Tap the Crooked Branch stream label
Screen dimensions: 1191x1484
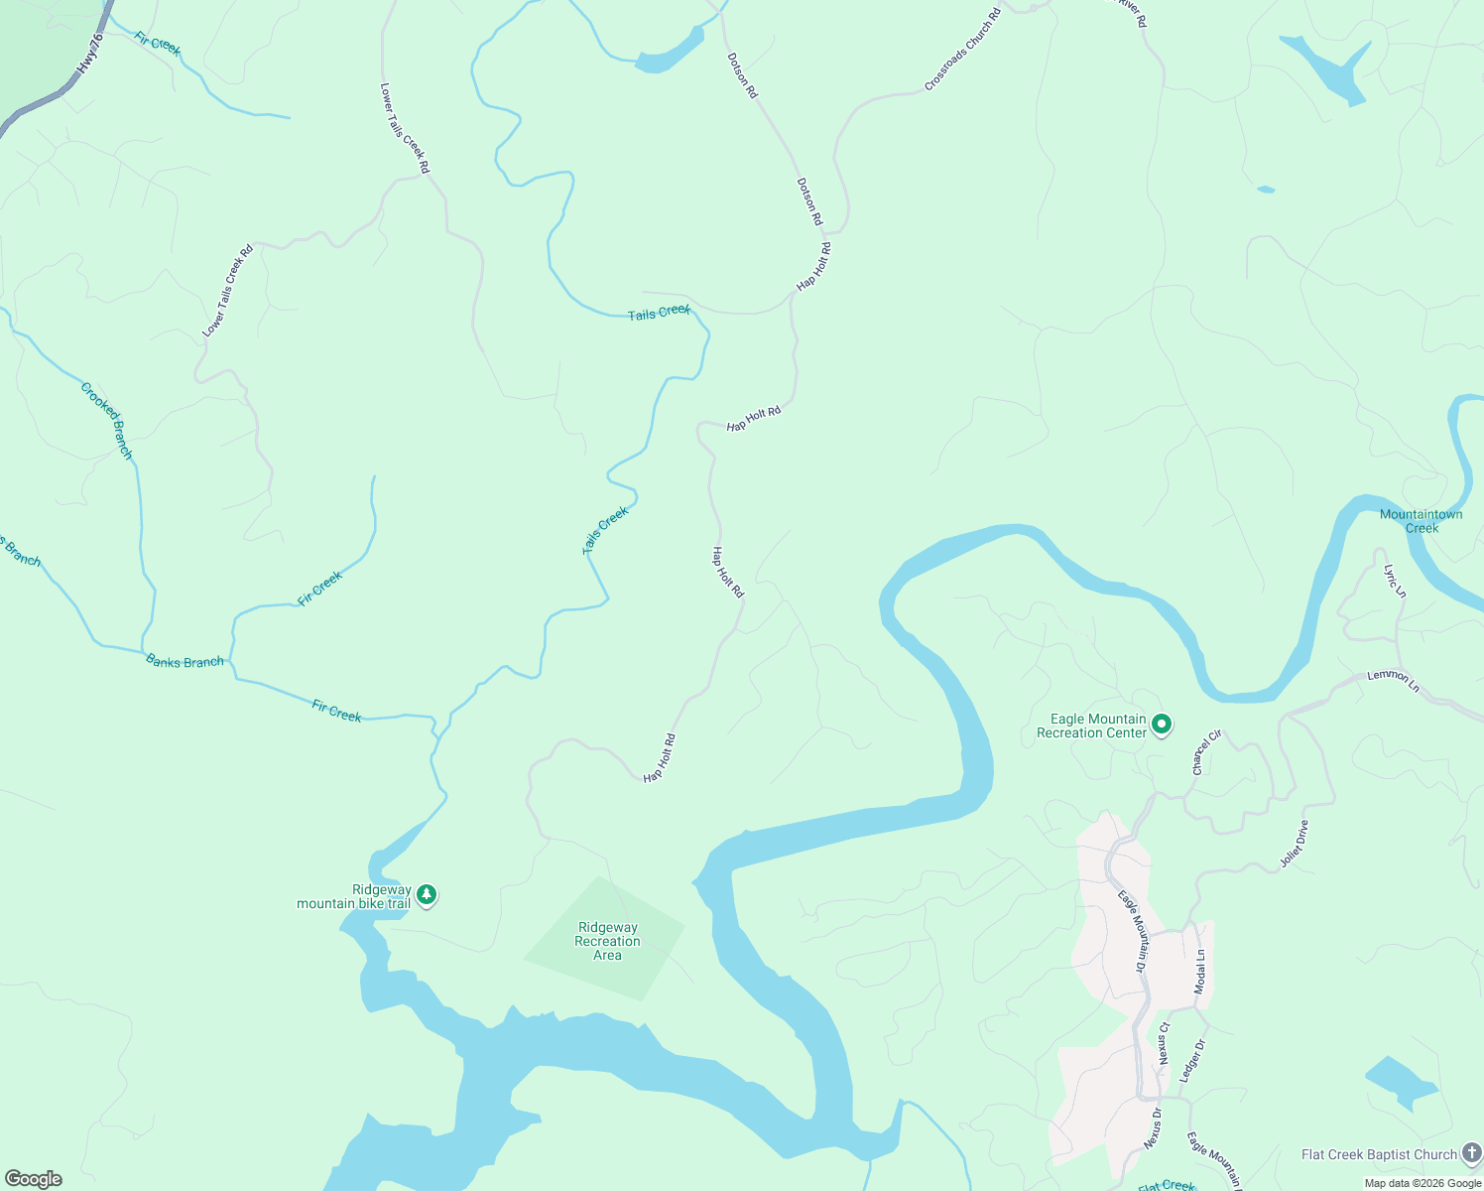click(x=106, y=420)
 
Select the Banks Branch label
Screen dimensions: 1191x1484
click(x=185, y=661)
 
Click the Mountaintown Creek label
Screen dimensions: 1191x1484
click(x=1421, y=521)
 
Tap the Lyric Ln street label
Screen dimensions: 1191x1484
click(x=1395, y=581)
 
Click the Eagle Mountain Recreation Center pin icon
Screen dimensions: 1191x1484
click(x=1163, y=726)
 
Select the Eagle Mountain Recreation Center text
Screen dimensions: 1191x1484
click(x=1091, y=726)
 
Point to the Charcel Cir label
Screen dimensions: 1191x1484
click(x=1206, y=752)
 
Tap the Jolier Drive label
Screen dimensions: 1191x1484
click(x=1294, y=844)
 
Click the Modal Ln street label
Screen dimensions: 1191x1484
click(x=1200, y=972)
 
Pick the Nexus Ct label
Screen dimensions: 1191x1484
click(x=1165, y=1043)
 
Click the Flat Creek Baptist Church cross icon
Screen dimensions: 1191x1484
click(x=1471, y=1154)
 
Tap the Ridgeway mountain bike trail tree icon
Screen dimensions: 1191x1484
click(x=427, y=895)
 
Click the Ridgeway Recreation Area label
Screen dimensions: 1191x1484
click(x=607, y=941)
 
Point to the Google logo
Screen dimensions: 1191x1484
click(x=34, y=1179)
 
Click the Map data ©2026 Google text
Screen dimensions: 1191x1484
click(x=1422, y=1183)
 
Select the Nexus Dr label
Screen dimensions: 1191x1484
click(x=1153, y=1126)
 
